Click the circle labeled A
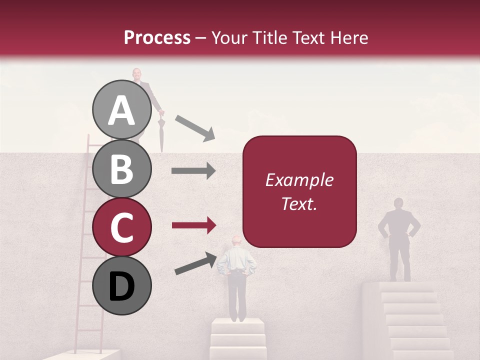(x=122, y=110)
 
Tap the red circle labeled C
(x=122, y=227)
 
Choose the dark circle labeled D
(x=122, y=285)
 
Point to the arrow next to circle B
(x=193, y=171)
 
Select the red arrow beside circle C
(x=193, y=225)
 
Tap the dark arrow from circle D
(x=195, y=263)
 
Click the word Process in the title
(x=157, y=37)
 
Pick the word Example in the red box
(x=299, y=180)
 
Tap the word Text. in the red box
(x=299, y=204)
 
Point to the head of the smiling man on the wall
(x=137, y=74)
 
